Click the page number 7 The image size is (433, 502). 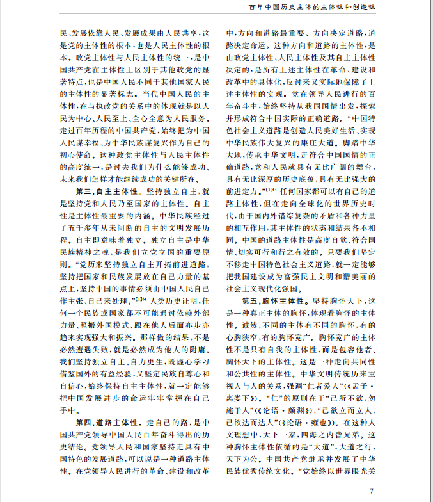click(x=372, y=491)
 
